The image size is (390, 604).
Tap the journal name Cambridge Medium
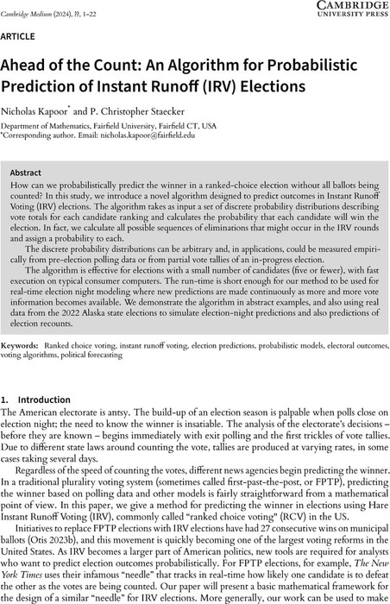[33, 6]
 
